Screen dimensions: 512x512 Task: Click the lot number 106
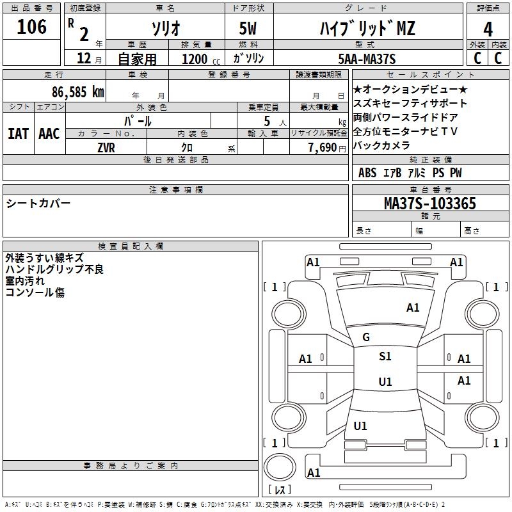click(31, 26)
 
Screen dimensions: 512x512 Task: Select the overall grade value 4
click(488, 29)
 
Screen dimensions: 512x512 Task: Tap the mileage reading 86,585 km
click(78, 92)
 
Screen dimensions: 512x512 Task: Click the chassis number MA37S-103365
click(430, 203)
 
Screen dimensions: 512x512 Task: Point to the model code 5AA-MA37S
click(367, 59)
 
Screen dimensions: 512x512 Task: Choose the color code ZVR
click(106, 148)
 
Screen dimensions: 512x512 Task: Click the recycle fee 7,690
click(323, 148)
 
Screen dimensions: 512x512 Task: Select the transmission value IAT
click(19, 134)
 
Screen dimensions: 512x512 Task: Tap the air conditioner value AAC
click(49, 134)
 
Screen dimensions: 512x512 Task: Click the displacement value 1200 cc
click(201, 59)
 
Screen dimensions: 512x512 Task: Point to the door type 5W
click(248, 28)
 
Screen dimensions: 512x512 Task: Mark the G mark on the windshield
click(366, 337)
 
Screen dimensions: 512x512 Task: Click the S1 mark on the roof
click(385, 356)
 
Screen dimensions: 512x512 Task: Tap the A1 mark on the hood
click(413, 308)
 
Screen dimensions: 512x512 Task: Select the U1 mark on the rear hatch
click(360, 426)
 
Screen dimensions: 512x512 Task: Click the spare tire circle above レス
click(280, 467)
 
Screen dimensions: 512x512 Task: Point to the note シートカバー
click(38, 204)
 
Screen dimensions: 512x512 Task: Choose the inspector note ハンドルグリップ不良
click(54, 269)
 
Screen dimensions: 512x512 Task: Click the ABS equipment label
click(367, 173)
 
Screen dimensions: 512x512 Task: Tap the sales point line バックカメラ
click(381, 145)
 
